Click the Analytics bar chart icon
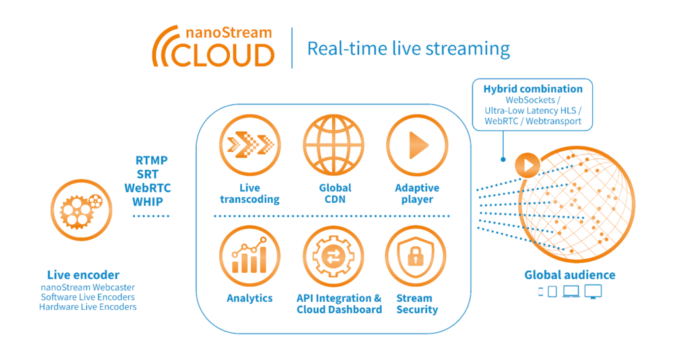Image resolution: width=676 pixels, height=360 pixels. (x=250, y=255)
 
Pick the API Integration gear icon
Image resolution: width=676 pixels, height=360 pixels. (x=334, y=255)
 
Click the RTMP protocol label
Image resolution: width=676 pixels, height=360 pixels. (x=151, y=161)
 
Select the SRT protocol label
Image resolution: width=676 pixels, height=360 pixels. (x=147, y=174)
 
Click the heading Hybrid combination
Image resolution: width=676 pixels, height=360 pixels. (x=533, y=89)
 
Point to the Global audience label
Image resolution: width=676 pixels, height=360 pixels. (x=570, y=275)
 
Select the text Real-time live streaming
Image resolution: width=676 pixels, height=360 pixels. (x=409, y=48)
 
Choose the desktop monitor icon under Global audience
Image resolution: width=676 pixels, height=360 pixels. (x=593, y=291)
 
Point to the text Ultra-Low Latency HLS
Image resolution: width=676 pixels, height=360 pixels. (x=533, y=110)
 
